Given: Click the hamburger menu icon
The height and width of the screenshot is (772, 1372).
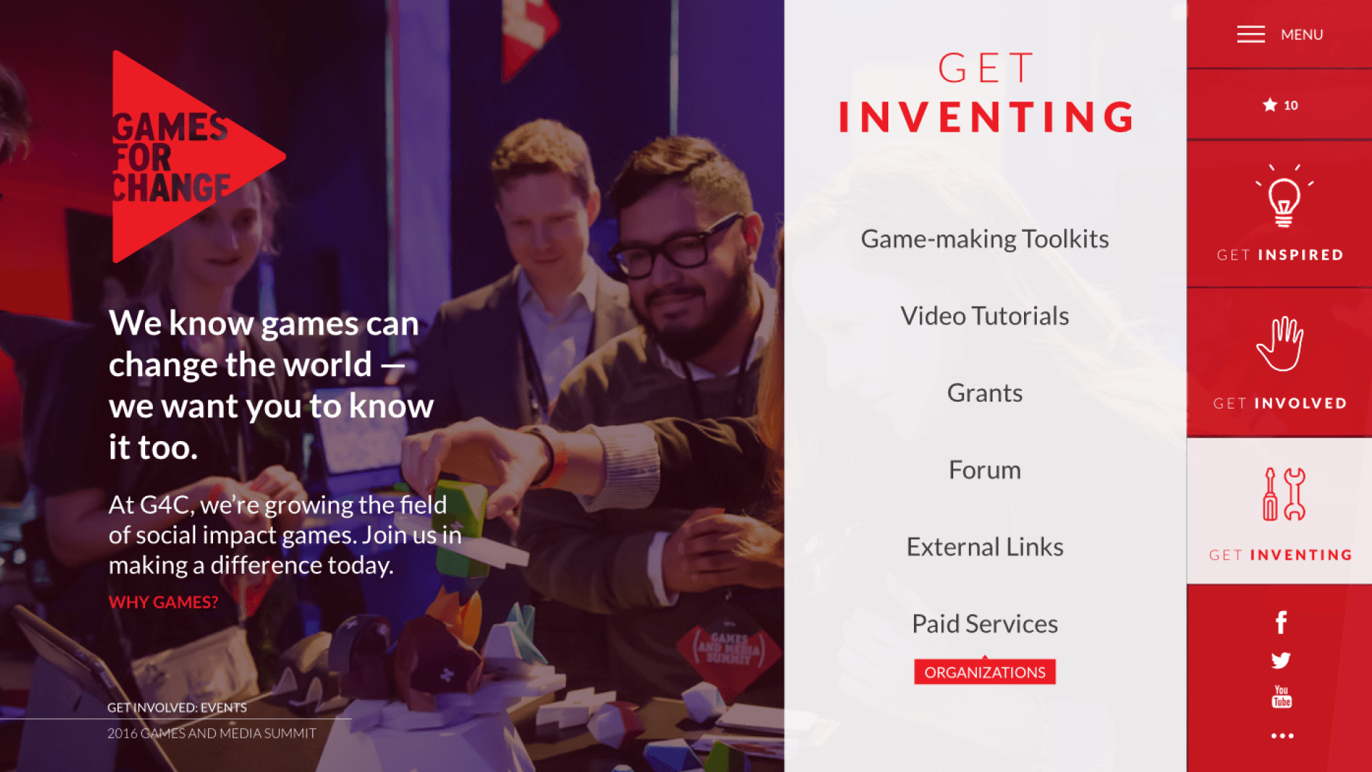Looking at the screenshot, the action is tap(1251, 34).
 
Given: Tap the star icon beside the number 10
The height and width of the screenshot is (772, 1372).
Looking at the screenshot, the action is tap(1270, 105).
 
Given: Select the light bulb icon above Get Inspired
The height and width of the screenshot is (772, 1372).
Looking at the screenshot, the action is tap(1284, 196).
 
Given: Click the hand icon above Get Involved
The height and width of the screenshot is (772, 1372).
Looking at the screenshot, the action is tap(1280, 344).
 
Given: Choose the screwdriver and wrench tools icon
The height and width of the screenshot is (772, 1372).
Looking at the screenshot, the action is tap(1283, 494).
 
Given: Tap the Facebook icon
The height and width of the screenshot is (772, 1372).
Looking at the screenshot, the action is tap(1281, 623).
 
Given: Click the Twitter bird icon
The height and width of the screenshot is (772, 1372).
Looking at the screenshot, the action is tap(1281, 660).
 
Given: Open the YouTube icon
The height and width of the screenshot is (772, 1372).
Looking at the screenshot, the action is tap(1282, 697).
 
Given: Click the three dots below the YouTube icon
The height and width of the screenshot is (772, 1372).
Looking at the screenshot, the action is tap(1282, 736).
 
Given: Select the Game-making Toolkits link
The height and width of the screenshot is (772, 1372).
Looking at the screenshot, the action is tap(985, 239).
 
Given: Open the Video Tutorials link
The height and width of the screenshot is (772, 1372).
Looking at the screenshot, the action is tap(985, 316).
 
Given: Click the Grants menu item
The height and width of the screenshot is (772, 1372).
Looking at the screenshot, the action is tap(985, 393).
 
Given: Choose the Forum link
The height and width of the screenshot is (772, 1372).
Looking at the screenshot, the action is tap(985, 470).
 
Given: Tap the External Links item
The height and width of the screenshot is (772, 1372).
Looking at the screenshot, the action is tap(985, 547).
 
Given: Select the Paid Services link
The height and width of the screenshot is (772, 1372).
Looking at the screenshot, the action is tap(985, 624).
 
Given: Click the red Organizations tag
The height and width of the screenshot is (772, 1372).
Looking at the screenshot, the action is tap(985, 672).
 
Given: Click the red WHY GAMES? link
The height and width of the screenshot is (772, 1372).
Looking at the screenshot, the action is tap(164, 602).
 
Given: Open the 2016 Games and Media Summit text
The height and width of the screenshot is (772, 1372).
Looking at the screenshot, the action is tap(212, 733).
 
